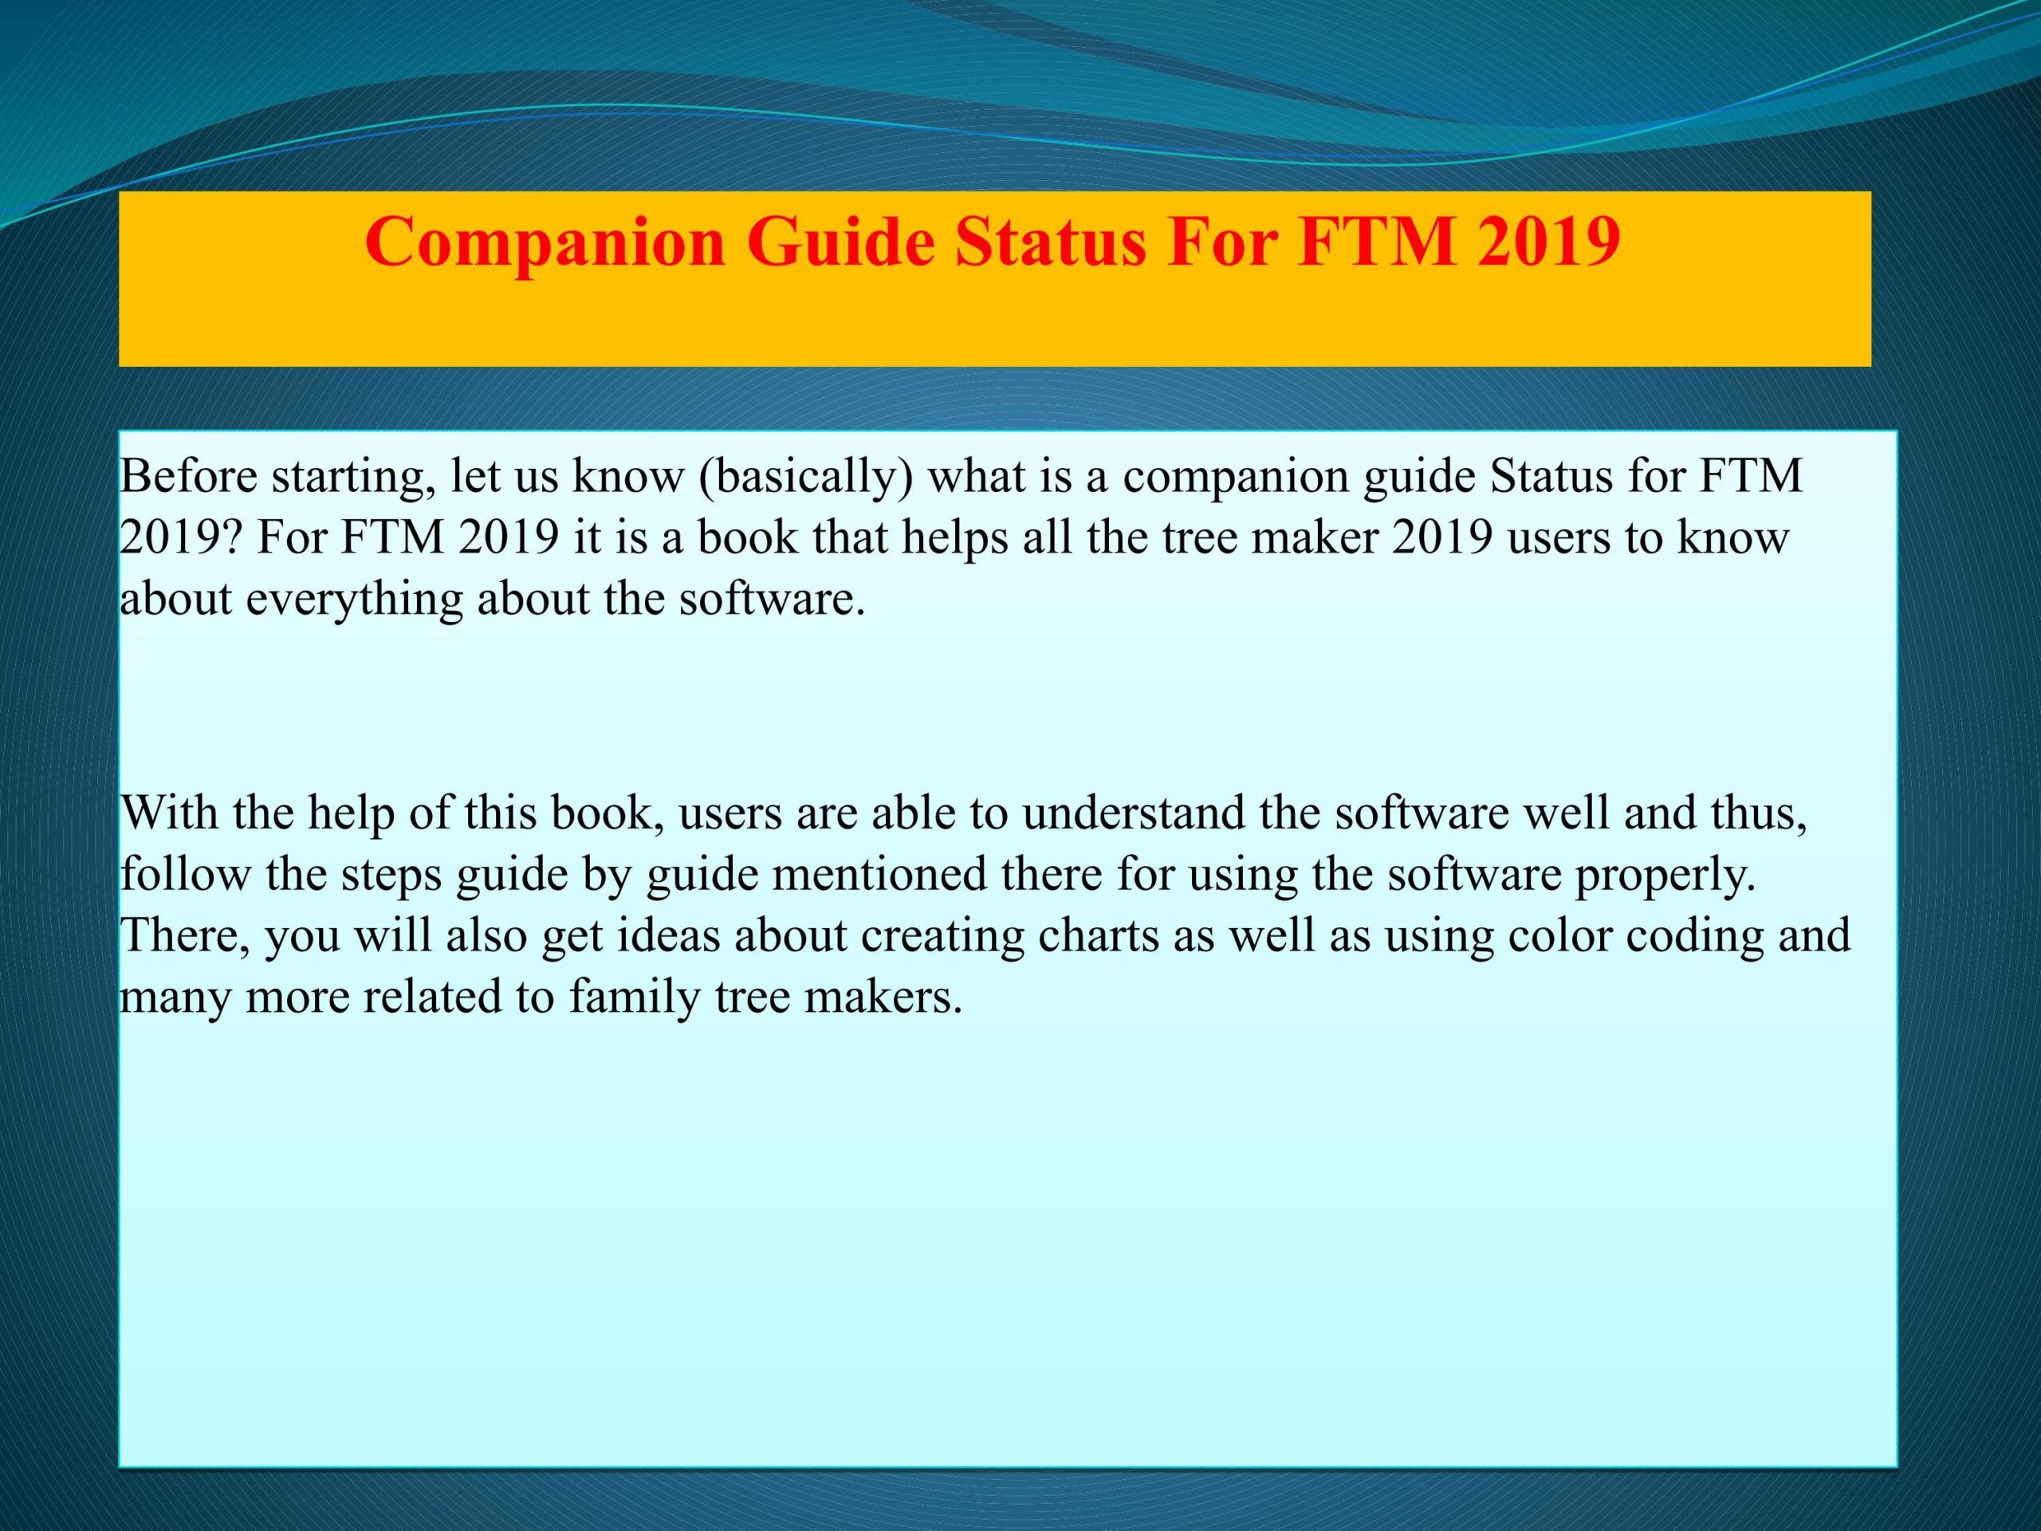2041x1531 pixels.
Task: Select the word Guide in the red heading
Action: coord(840,242)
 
